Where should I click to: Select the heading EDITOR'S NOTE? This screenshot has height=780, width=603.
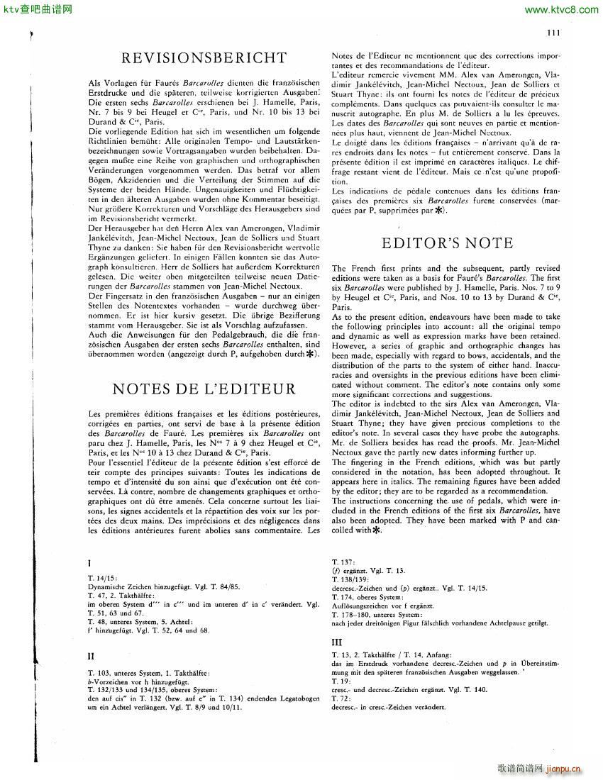pyautogui.click(x=447, y=243)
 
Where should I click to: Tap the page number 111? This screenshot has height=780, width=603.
pyautogui.click(x=553, y=32)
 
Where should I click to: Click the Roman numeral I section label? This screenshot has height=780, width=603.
pyautogui.click(x=89, y=564)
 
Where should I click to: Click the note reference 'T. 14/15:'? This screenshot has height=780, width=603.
pyautogui.click(x=102, y=578)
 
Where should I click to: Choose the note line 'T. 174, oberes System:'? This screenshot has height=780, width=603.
pyautogui.click(x=368, y=597)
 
